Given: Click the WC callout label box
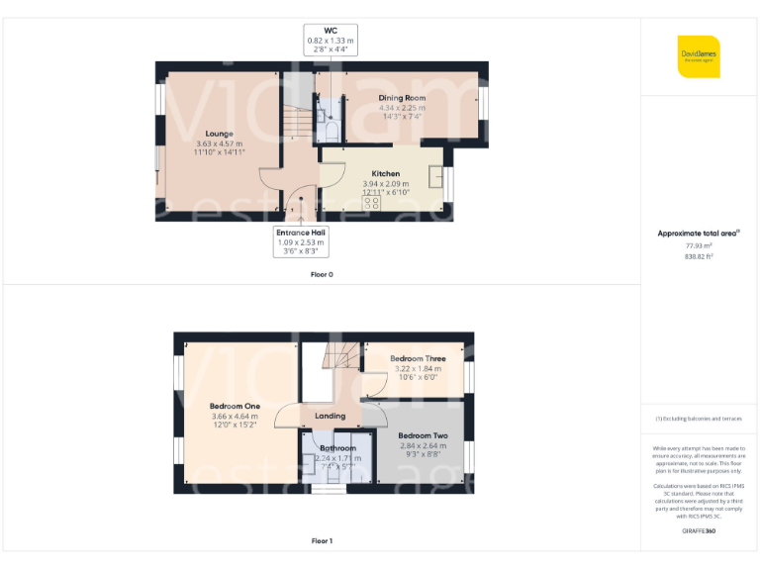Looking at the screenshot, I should click(330, 40).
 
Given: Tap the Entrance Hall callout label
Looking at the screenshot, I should click(301, 241).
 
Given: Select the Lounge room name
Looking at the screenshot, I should click(219, 134).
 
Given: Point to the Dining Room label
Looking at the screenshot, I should click(402, 98).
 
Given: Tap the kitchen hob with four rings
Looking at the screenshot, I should click(372, 202).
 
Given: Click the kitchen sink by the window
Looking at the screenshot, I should click(434, 177).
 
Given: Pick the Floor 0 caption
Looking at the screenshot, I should click(322, 274).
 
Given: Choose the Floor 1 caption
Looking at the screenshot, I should click(322, 541).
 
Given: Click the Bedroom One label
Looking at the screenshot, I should click(235, 407).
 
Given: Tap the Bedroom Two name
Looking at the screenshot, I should click(423, 435).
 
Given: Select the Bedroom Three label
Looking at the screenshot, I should click(418, 358).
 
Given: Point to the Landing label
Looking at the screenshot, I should click(330, 416).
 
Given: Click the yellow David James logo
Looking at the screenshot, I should click(699, 56).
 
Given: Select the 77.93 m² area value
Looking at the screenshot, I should click(699, 245).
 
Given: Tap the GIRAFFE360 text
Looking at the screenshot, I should click(699, 532).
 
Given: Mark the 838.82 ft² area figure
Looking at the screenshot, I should click(699, 256).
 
